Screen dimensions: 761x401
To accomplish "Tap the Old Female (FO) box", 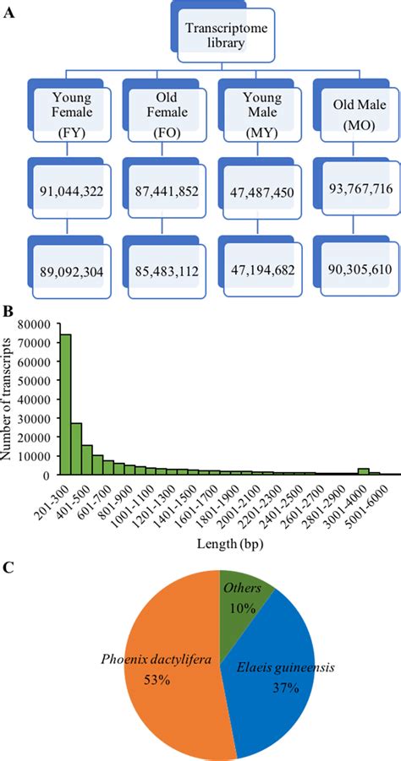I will tap(159, 114).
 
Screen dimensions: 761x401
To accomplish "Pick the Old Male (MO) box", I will tap(349, 114).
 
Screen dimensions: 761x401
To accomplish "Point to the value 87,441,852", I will tap(161, 193).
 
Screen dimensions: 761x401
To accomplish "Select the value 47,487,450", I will tap(255, 193).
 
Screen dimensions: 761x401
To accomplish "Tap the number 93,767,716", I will tap(350, 188).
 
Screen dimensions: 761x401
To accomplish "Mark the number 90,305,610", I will tap(350, 269).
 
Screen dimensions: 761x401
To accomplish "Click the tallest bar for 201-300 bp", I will tap(64, 405).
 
